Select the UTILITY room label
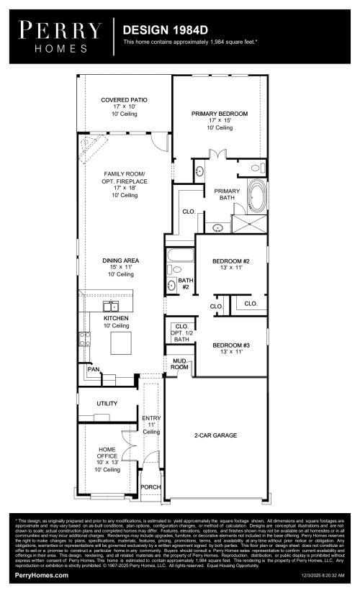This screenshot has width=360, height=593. click(x=107, y=404)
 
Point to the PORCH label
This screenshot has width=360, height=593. click(x=151, y=487)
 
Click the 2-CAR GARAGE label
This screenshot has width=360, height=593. click(x=215, y=435)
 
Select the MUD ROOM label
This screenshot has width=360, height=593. click(x=179, y=364)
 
